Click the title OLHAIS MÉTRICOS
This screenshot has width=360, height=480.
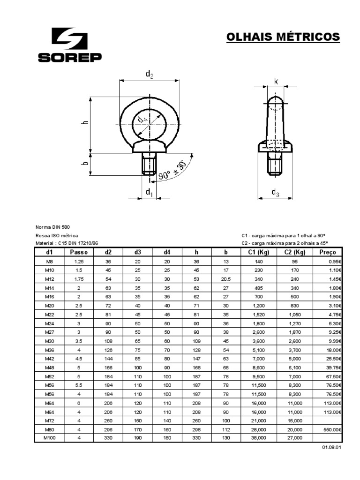pyautogui.click(x=283, y=37)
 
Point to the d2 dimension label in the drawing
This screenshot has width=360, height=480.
pyautogui.click(x=149, y=74)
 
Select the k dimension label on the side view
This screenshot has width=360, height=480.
pyautogui.click(x=276, y=82)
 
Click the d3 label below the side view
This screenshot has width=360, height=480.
pyautogui.click(x=275, y=193)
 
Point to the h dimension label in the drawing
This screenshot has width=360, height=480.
pyautogui.click(x=85, y=123)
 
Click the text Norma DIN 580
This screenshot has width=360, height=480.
pyautogui.click(x=52, y=227)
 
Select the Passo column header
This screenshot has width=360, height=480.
pyautogui.click(x=79, y=252)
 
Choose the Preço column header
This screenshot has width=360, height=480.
pyautogui.click(x=328, y=252)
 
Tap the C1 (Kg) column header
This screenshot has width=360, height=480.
pyautogui.click(x=259, y=252)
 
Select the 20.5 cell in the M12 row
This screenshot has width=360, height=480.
pyautogui.click(x=226, y=279)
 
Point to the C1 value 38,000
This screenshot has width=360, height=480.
pyautogui.click(x=259, y=438)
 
